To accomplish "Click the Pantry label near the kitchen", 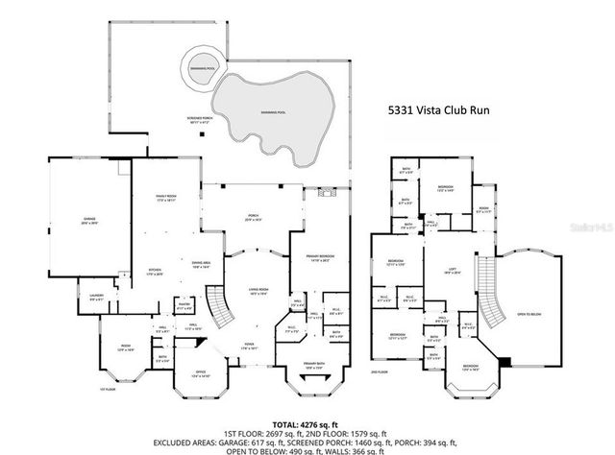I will [184, 308].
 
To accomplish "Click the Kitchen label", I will [154, 273].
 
